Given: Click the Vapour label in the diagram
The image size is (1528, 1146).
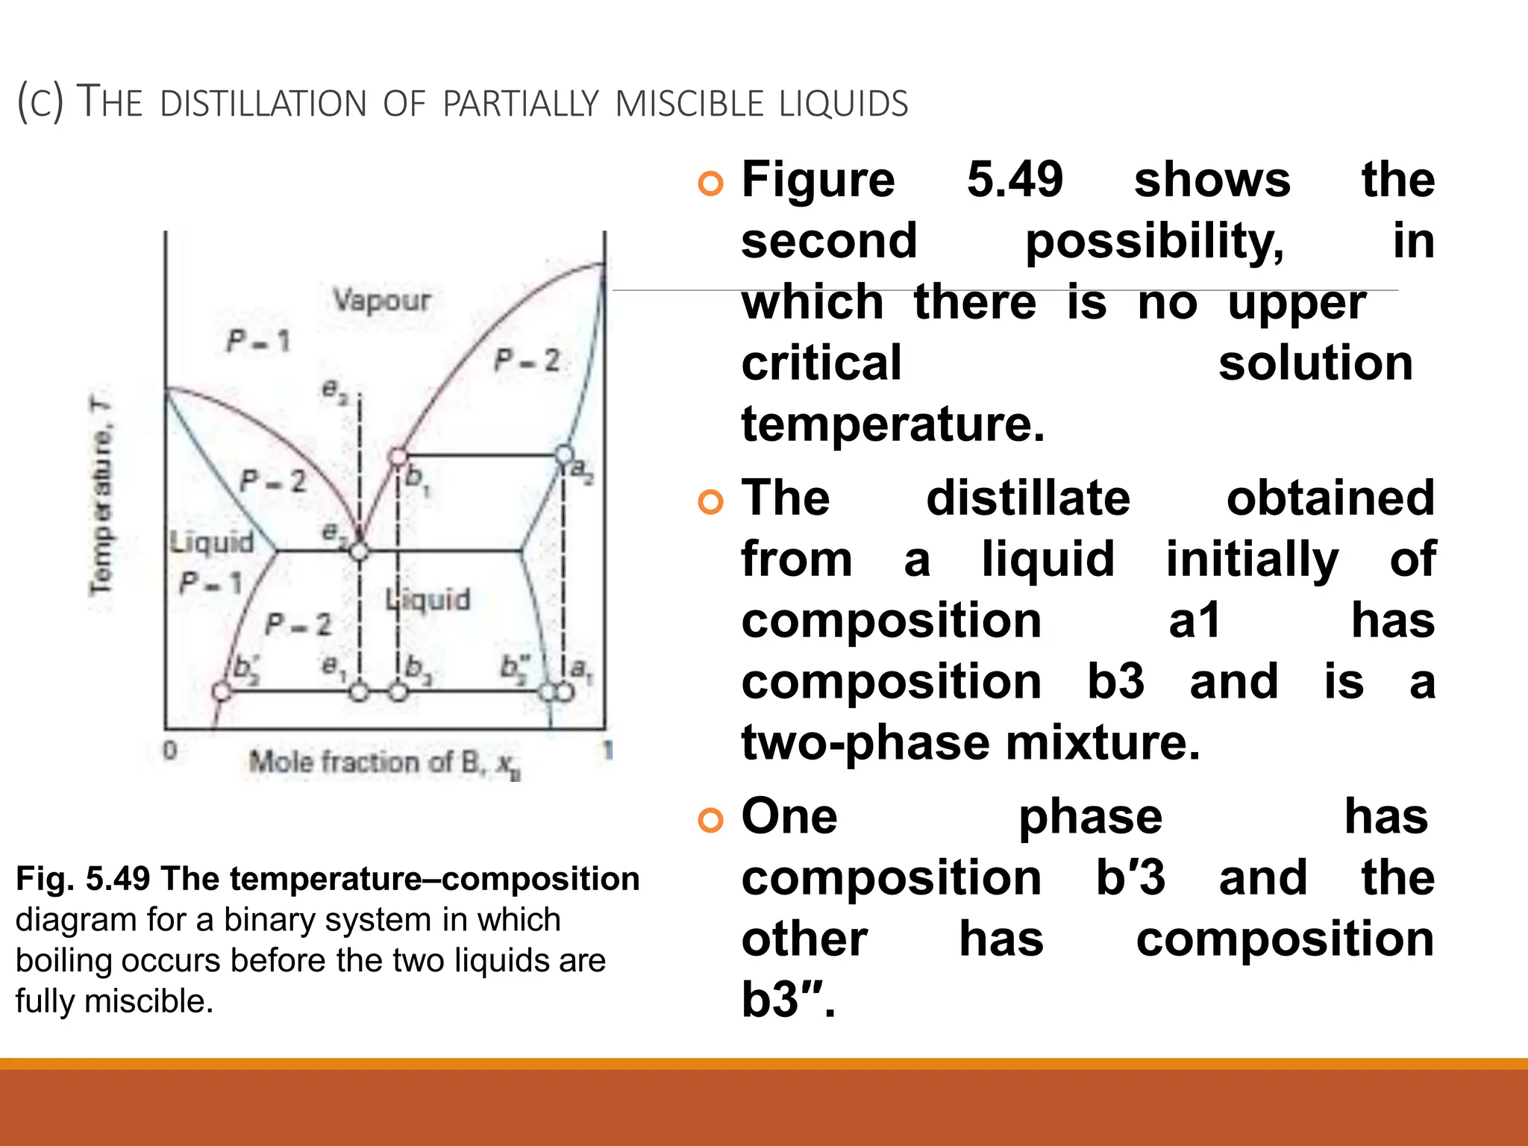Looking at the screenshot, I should pyautogui.click(x=382, y=300).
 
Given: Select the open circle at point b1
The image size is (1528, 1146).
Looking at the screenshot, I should pyautogui.click(x=399, y=456).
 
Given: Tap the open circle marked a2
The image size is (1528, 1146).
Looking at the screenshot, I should pyautogui.click(x=565, y=454).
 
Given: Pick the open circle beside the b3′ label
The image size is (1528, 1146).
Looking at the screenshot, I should pyautogui.click(x=222, y=692).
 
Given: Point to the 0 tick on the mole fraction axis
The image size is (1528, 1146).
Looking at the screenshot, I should pyautogui.click(x=170, y=750).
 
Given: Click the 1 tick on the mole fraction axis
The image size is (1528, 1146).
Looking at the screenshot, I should pyautogui.click(x=607, y=750).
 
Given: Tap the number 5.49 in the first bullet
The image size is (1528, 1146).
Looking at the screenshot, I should pyautogui.click(x=1015, y=180).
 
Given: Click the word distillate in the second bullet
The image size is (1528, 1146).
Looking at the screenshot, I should pyautogui.click(x=1028, y=498).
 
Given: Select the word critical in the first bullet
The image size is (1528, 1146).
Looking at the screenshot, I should pyautogui.click(x=821, y=363).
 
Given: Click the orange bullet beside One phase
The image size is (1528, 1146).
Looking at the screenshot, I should pyautogui.click(x=710, y=820).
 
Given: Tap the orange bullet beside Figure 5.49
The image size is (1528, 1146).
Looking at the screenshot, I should pyautogui.click(x=710, y=184).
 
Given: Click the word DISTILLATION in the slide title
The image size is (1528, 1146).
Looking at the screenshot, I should pyautogui.click(x=263, y=104).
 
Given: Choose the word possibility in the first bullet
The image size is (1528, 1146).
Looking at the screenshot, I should pyautogui.click(x=1154, y=242).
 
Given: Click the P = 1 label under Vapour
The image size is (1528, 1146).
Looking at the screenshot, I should pyautogui.click(x=258, y=342).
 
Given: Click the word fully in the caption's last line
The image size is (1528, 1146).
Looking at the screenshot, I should pyautogui.click(x=46, y=1001).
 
